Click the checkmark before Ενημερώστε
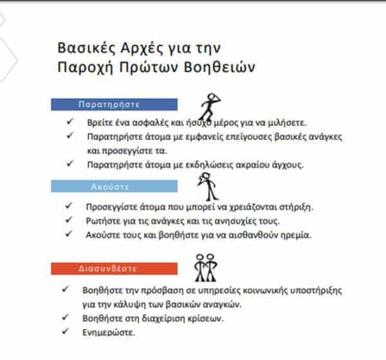pos(66,331)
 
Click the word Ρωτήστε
pos(104,221)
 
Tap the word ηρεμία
pos(295,235)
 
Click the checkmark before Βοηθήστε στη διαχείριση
pos(66,318)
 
